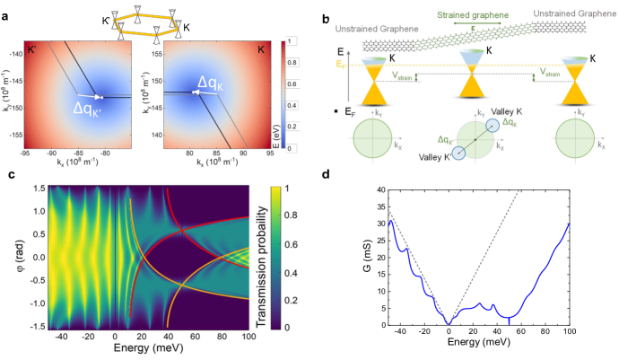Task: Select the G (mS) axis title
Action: click(342, 256)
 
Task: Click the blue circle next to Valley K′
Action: click(458, 153)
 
